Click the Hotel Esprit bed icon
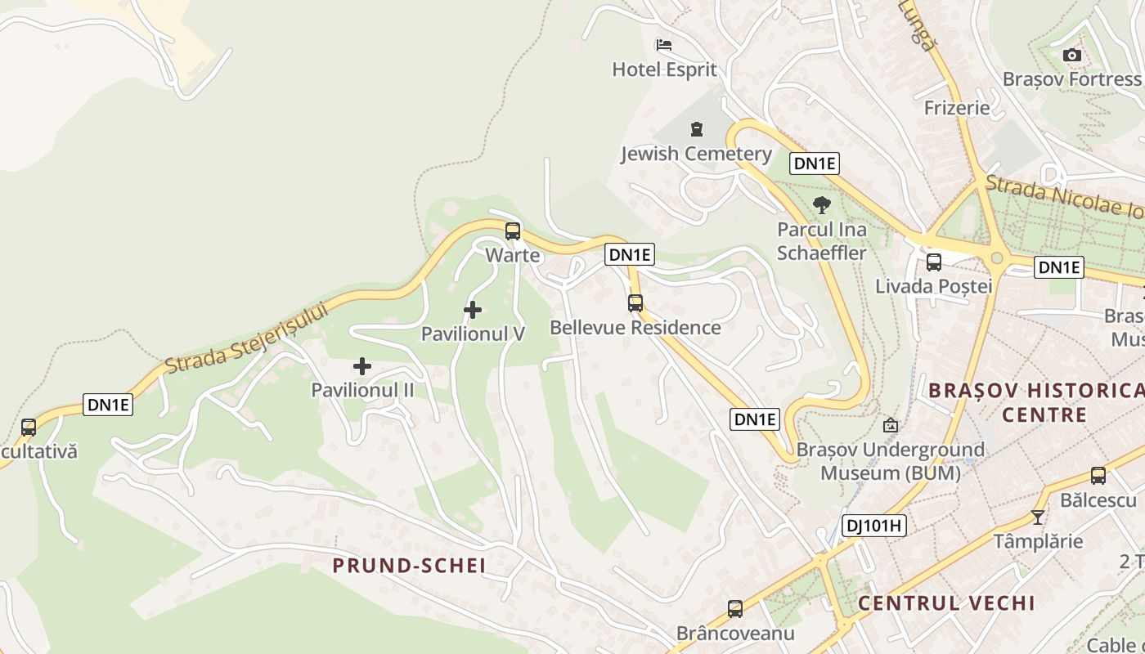(x=664, y=44)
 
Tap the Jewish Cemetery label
(x=696, y=154)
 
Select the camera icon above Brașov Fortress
(x=1071, y=55)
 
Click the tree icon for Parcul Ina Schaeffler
(x=821, y=205)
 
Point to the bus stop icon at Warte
(x=513, y=231)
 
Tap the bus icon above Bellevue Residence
(x=635, y=303)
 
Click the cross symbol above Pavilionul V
(x=472, y=310)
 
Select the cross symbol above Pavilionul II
(x=362, y=366)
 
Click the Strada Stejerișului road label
(x=245, y=338)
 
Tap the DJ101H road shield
(x=873, y=526)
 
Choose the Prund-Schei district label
(x=409, y=565)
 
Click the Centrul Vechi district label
(x=946, y=603)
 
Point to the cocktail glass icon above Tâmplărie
(x=1038, y=517)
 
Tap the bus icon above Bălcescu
(x=1098, y=476)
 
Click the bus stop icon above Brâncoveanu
(x=735, y=609)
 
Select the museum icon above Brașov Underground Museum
(x=890, y=425)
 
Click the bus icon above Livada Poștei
(x=933, y=262)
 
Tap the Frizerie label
(x=957, y=108)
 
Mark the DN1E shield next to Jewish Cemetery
(x=815, y=163)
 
